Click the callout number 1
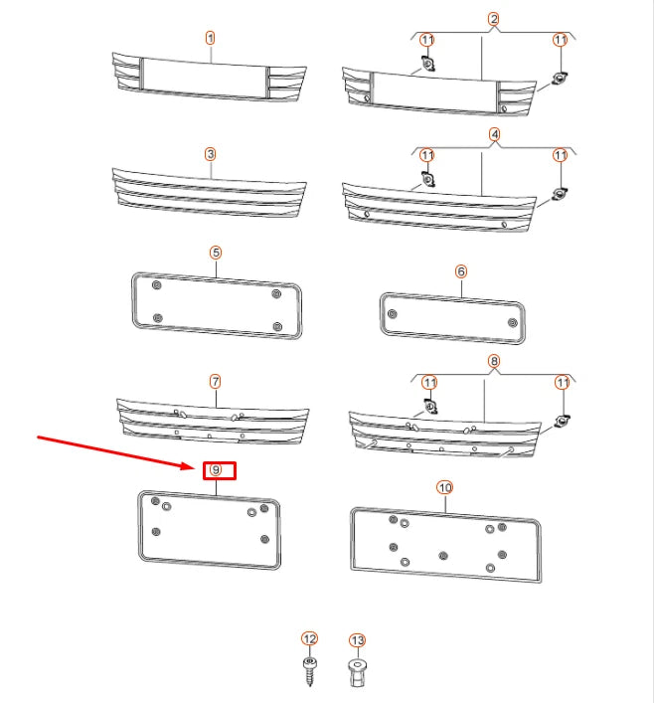(211, 38)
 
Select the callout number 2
(494, 20)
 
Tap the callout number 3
(211, 154)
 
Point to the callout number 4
(494, 134)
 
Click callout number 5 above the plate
(216, 253)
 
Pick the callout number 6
(461, 270)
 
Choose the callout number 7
(215, 381)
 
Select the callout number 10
(444, 487)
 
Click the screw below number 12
(309, 671)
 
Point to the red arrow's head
(196, 465)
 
